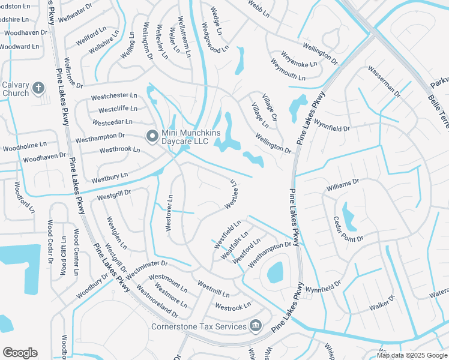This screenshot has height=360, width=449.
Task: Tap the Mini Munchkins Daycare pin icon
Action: point(152,137)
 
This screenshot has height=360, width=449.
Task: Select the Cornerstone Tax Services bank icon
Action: point(256,326)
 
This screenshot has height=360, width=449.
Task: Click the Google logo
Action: point(20,353)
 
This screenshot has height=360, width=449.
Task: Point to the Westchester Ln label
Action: point(114,96)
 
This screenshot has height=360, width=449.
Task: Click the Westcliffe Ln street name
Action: point(118,109)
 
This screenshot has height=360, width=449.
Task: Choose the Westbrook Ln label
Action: point(119,149)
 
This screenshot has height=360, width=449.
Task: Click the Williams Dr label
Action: point(342,184)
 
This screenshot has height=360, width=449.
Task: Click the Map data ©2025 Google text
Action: point(412,355)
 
